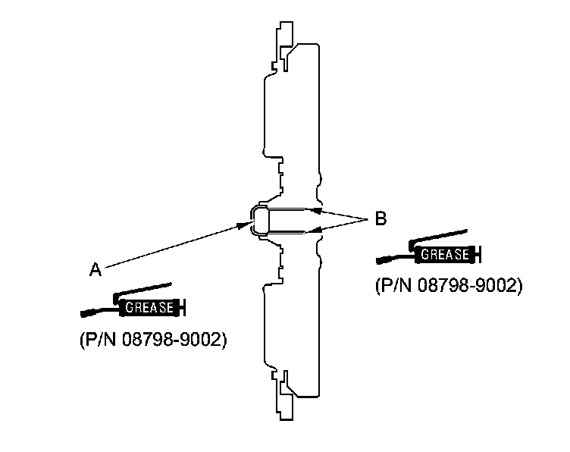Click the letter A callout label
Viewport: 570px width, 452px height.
pos(96,269)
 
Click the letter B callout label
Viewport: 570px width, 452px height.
pos(381,220)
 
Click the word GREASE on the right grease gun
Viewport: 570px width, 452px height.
pos(445,256)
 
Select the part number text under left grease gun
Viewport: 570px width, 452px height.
pos(152,340)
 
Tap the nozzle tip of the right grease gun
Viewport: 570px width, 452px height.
pos(379,261)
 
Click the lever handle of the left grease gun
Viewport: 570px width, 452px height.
pos(144,290)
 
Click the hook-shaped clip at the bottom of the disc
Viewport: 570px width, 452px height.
pos(286,388)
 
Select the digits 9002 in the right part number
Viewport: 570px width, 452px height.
pos(496,287)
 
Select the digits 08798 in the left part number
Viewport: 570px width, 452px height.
pos(149,340)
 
